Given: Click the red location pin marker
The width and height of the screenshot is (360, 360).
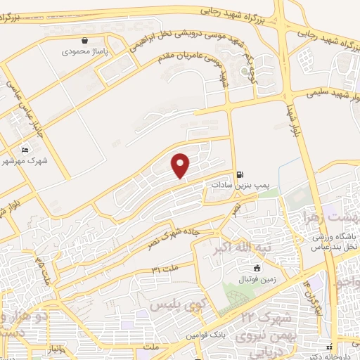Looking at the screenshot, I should pos(181,165).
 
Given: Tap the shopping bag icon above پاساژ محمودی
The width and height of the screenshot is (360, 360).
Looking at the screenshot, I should pos(84,41).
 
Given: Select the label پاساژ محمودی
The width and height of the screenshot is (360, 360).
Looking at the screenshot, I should pos(83,51).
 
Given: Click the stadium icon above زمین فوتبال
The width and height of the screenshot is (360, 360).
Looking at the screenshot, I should pos(257,269).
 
